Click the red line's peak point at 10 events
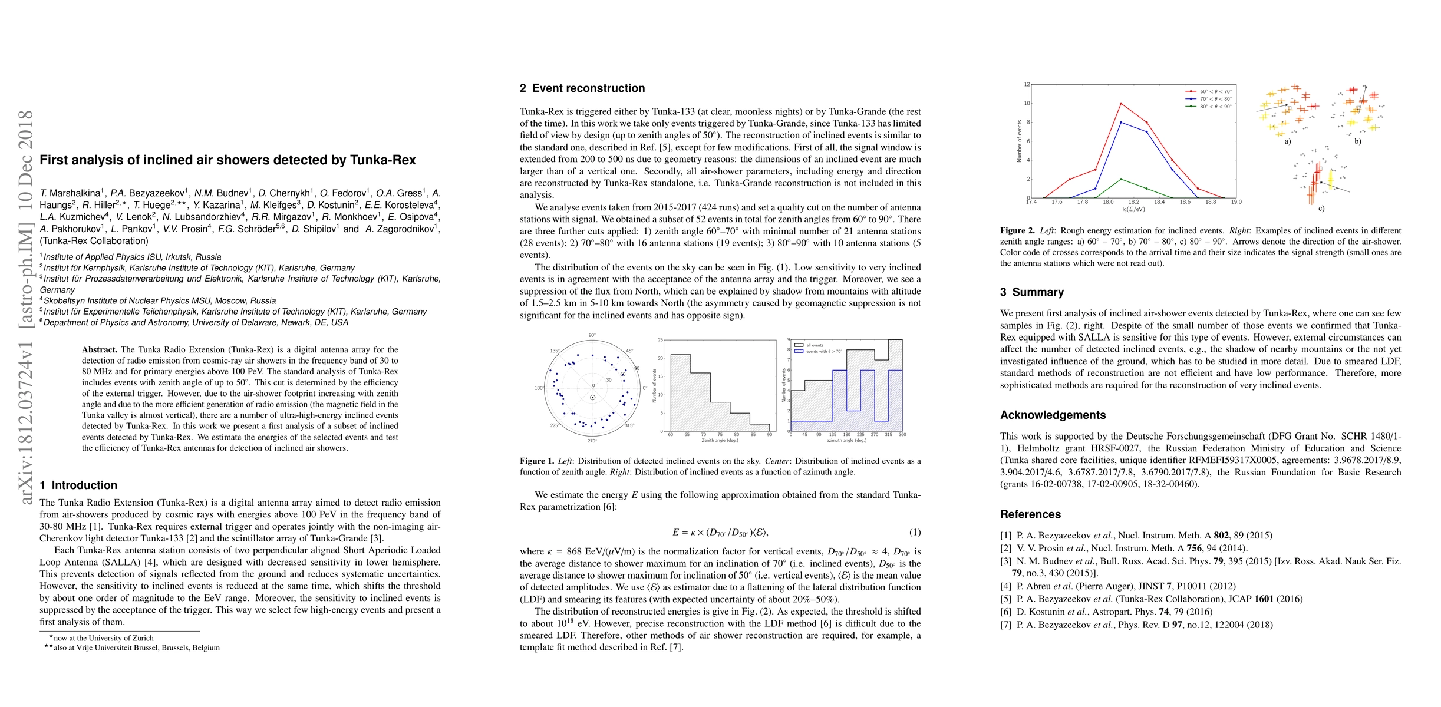(1121, 104)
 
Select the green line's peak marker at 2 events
(1121, 179)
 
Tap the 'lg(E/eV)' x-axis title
(1133, 209)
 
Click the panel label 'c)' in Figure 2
(1321, 209)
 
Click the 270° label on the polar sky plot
(592, 441)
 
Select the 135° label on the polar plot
(555, 351)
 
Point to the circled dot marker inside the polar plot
(593, 398)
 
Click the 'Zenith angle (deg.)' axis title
(720, 440)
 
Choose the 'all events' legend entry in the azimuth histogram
(815, 345)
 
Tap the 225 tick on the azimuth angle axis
(860, 435)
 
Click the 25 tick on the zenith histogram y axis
(661, 340)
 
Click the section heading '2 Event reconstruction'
(582, 88)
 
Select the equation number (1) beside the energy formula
(915, 533)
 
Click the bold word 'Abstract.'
(100, 350)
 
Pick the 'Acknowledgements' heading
(1053, 415)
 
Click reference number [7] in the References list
(1006, 625)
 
